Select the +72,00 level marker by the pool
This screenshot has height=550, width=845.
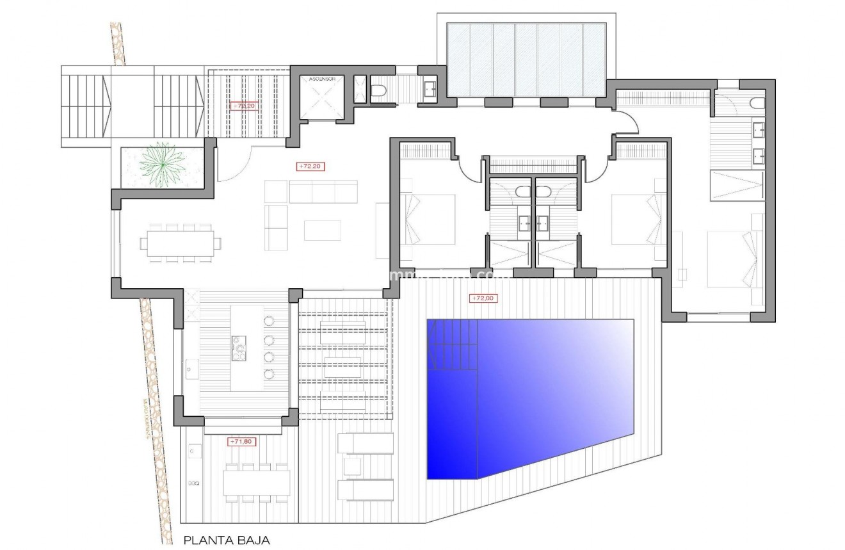tap(483, 298)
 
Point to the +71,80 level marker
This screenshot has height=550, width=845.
tap(241, 441)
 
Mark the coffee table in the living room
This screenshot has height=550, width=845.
tap(322, 230)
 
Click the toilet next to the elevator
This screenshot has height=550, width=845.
tap(378, 90)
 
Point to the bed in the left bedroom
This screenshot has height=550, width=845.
tap(428, 220)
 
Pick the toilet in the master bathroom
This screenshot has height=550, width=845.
tap(757, 104)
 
